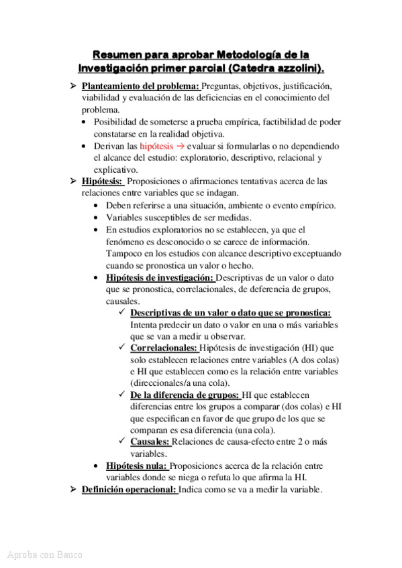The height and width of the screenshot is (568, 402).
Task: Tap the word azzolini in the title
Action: click(293, 68)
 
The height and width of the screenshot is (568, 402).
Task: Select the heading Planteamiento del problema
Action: click(140, 86)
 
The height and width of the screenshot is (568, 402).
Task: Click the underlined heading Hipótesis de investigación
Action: click(160, 278)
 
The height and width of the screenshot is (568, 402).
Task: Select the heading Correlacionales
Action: click(164, 348)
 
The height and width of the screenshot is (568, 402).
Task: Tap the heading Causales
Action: click(150, 442)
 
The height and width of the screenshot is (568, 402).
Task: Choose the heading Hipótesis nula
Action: click(136, 466)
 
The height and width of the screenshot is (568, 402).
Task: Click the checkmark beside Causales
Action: click(121, 442)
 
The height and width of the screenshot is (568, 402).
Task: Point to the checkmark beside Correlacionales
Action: click(121, 348)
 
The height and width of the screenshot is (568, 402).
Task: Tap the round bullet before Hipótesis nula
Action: click(98, 466)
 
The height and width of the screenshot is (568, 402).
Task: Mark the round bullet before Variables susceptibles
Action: click(98, 218)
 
